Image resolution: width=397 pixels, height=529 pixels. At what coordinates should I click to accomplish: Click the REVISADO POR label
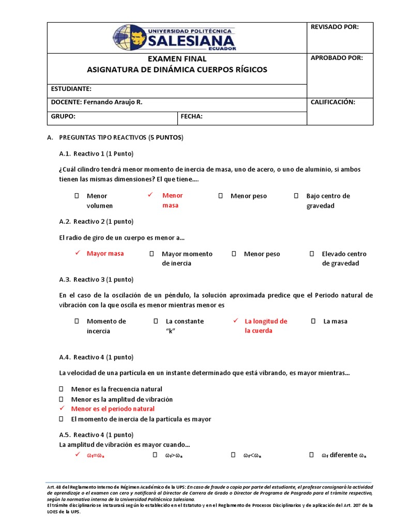[x=334, y=27]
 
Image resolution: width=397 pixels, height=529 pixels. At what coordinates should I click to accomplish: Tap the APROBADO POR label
[x=337, y=58]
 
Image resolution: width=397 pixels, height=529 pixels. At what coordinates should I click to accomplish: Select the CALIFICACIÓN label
[x=332, y=102]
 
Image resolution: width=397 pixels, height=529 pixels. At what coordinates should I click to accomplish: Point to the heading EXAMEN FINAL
[x=177, y=59]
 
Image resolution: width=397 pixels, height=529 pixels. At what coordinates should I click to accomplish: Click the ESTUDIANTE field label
[x=71, y=89]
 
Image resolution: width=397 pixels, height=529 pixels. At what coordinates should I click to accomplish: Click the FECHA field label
[x=191, y=117]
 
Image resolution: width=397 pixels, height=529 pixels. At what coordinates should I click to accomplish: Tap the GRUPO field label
[x=63, y=117]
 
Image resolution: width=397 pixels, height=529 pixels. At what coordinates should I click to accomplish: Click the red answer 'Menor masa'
[x=172, y=200]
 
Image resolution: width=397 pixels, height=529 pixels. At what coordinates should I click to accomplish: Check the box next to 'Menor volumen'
[x=77, y=196]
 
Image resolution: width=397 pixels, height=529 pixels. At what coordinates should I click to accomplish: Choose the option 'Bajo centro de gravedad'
[x=328, y=200]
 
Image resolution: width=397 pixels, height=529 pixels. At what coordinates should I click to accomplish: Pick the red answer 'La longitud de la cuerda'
[x=266, y=325]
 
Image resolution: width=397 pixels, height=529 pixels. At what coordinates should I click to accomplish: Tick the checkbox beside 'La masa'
[x=313, y=321]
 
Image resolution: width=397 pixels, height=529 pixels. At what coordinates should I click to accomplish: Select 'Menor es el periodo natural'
[x=113, y=409]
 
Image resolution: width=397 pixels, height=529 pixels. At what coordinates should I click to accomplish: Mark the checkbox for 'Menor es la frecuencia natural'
[x=62, y=389]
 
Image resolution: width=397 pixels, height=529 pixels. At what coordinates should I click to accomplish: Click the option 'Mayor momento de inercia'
[x=187, y=258]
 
